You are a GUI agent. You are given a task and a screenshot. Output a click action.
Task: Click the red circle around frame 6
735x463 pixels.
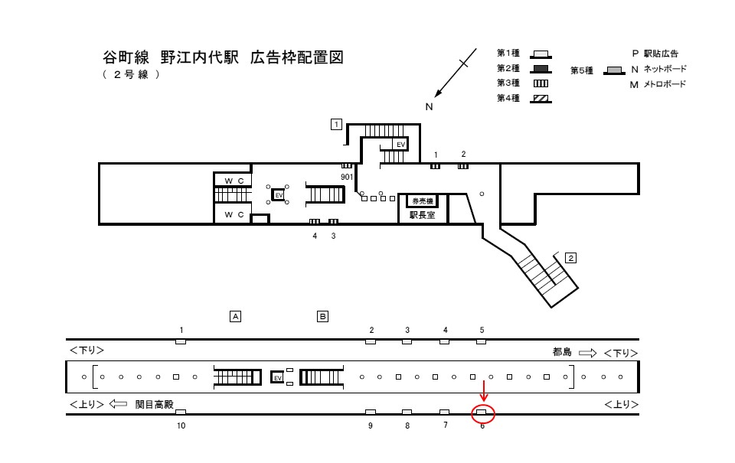click(x=482, y=415)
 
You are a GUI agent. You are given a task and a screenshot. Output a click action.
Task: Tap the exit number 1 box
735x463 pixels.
click(x=336, y=124)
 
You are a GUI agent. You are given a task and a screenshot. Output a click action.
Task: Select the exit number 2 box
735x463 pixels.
click(x=570, y=258)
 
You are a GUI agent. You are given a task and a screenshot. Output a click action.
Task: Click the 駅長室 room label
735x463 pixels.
click(x=422, y=216)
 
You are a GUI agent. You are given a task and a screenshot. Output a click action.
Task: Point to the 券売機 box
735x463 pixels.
click(x=422, y=201)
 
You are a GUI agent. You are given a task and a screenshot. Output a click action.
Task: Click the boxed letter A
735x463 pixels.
click(x=236, y=315)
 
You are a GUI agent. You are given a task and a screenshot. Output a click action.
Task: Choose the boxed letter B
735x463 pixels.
click(x=323, y=315)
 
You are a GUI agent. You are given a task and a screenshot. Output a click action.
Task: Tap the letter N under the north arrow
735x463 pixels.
click(x=429, y=106)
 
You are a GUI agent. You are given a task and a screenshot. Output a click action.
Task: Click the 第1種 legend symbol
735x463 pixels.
click(x=541, y=54)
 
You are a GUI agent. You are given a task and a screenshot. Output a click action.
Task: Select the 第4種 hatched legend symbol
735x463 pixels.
click(x=541, y=98)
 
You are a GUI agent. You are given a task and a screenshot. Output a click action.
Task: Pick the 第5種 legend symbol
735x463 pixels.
click(x=614, y=70)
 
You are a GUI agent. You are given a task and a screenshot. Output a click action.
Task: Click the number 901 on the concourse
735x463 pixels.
click(x=347, y=177)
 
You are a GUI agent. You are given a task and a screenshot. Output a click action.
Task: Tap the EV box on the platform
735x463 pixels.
click(x=278, y=378)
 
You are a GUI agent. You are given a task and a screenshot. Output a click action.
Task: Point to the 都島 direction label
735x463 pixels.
click(x=563, y=352)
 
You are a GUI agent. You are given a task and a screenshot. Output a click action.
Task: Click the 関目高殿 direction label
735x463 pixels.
click(x=155, y=403)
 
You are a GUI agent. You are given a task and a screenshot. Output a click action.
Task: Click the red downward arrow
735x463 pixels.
click(x=484, y=391)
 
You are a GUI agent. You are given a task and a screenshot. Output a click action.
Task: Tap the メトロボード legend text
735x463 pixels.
click(x=664, y=84)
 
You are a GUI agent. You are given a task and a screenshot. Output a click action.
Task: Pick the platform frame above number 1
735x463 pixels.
click(x=181, y=341)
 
